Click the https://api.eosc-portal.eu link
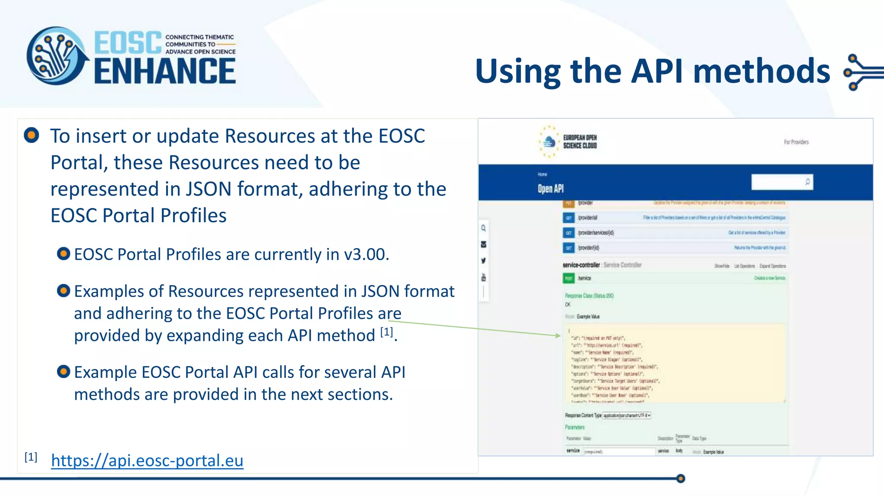coord(147,461)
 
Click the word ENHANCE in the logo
coord(165,71)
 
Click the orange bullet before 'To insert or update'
coord(32,135)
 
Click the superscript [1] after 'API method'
coord(387,332)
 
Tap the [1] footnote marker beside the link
coord(31,457)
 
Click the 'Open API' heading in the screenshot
coord(550,189)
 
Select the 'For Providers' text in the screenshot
coord(796,142)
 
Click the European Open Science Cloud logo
coord(568,142)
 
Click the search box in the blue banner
coord(777,182)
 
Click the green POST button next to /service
coord(568,278)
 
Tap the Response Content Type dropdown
coord(627,415)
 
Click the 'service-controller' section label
coord(581,265)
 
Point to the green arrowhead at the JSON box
coord(558,335)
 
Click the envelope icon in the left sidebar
coord(483,245)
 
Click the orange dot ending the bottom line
coord(681,478)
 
